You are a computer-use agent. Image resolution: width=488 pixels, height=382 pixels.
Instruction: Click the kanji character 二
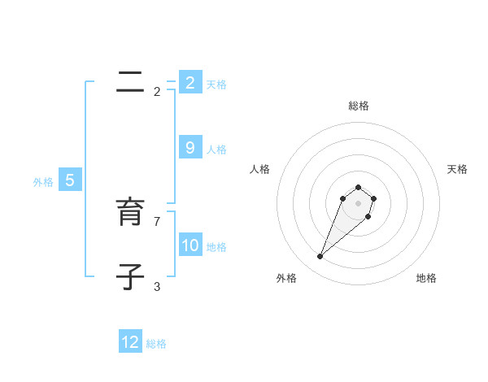point(131,81)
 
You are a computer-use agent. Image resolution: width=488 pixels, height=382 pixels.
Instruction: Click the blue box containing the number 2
point(190,82)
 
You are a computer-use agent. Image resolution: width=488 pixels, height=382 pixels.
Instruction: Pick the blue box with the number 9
point(190,148)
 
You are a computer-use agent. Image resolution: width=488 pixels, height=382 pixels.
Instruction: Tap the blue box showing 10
point(190,245)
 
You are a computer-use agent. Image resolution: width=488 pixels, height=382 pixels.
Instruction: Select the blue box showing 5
point(70,180)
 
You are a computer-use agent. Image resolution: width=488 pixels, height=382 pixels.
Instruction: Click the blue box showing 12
point(130,342)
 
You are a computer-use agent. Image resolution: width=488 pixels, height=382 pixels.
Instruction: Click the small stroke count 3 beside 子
point(157,287)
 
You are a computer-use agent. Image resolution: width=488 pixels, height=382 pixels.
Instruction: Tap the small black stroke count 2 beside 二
point(157,92)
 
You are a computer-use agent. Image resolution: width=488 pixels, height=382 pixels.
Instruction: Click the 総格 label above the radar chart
point(359,106)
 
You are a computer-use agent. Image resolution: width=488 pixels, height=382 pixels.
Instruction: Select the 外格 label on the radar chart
point(286,279)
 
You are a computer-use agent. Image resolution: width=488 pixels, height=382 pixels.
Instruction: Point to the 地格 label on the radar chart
point(426,279)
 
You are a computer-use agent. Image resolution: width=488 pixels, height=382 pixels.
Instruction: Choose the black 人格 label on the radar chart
point(260,169)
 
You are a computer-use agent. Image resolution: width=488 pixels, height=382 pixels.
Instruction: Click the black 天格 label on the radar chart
point(457,169)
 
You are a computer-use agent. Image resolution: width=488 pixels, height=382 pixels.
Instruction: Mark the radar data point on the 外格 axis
point(320,256)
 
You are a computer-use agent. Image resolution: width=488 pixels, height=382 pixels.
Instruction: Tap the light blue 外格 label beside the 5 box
point(43,182)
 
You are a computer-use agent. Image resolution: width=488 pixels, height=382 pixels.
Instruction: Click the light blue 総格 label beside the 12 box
point(156,344)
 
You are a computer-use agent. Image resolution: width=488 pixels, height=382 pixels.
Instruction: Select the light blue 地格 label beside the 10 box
point(216,247)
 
